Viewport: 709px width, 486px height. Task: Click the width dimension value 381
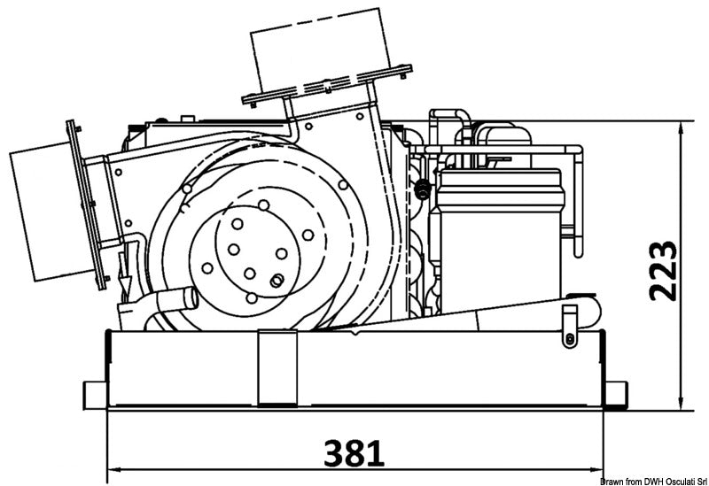[354, 453]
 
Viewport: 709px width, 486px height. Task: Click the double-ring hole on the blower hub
[277, 281]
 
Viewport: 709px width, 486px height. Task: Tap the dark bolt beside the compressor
[424, 189]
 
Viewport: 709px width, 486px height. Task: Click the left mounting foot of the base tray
[94, 392]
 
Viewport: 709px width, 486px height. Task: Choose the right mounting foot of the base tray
[614, 392]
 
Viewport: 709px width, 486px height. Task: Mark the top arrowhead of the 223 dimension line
[681, 129]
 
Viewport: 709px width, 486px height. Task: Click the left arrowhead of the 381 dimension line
[113, 469]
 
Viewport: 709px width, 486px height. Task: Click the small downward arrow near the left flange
[125, 283]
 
